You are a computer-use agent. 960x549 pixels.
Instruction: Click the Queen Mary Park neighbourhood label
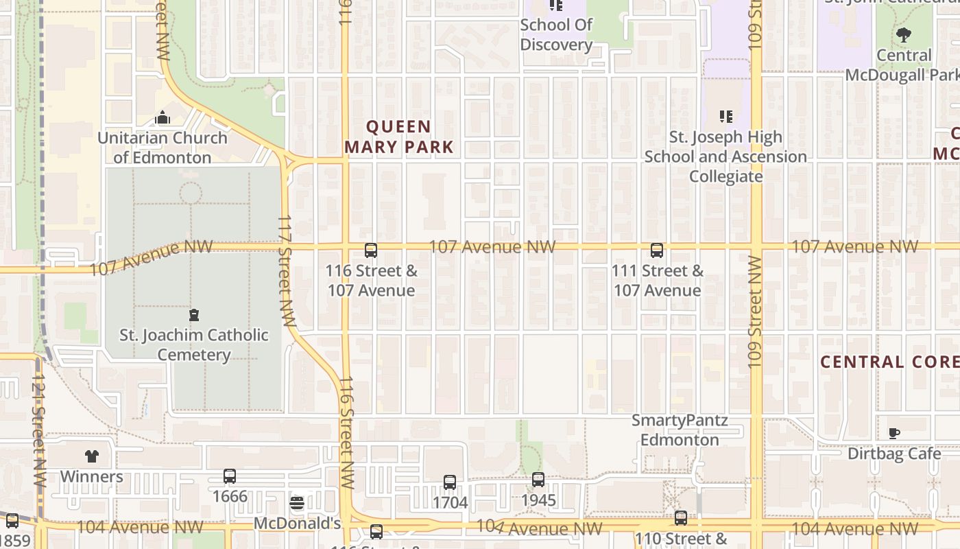pyautogui.click(x=398, y=137)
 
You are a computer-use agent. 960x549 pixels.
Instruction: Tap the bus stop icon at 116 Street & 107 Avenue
pyautogui.click(x=371, y=250)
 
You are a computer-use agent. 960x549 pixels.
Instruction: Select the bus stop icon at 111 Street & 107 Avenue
pyautogui.click(x=657, y=250)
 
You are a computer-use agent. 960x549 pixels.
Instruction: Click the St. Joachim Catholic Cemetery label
pyautogui.click(x=194, y=345)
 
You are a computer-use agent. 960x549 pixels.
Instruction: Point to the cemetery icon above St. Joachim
pyautogui.click(x=194, y=316)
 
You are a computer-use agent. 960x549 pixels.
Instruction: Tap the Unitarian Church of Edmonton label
pyautogui.click(x=163, y=148)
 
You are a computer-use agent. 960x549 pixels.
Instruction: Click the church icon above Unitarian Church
pyautogui.click(x=163, y=118)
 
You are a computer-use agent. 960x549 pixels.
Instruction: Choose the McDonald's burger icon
pyautogui.click(x=297, y=504)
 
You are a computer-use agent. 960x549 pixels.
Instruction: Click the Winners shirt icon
pyautogui.click(x=92, y=456)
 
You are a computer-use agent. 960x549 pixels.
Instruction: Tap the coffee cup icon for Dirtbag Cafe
pyautogui.click(x=894, y=433)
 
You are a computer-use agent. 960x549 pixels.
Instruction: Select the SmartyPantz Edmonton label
pyautogui.click(x=680, y=430)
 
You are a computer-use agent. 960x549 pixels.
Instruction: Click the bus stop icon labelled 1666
pyautogui.click(x=230, y=476)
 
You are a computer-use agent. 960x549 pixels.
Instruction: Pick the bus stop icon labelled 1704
pyautogui.click(x=450, y=482)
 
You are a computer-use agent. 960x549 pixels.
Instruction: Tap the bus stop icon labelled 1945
pyautogui.click(x=538, y=480)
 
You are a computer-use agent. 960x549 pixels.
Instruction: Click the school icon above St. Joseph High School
pyautogui.click(x=726, y=117)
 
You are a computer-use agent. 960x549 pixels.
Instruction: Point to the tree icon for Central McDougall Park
pyautogui.click(x=904, y=34)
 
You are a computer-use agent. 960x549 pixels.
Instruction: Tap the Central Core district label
pyautogui.click(x=889, y=362)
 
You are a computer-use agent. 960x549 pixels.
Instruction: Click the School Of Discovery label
pyautogui.click(x=556, y=34)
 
